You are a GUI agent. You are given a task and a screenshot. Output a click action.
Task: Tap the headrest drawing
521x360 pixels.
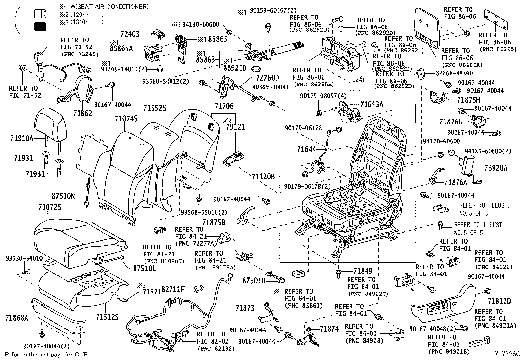tap(49, 122)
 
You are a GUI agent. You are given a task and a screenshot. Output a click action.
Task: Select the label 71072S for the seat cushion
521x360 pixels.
tap(49, 207)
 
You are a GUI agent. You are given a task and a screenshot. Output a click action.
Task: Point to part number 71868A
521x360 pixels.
tap(16, 317)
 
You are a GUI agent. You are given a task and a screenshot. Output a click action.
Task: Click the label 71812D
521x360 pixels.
tap(499, 301)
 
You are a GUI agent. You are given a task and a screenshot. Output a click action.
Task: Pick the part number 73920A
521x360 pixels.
tap(496, 168)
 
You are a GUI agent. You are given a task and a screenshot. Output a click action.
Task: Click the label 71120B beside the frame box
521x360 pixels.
tap(263, 177)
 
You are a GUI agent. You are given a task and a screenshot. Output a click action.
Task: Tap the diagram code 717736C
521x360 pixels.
tap(507, 354)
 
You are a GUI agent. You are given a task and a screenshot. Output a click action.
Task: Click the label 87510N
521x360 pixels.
tap(63, 196)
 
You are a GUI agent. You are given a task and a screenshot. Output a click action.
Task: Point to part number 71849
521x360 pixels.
tap(363, 271)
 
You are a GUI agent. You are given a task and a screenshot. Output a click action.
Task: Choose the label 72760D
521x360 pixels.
tap(265, 78)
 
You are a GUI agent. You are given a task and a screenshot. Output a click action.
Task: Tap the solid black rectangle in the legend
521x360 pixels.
tap(40, 27)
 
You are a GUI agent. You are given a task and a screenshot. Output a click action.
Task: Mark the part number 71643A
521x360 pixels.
tap(371, 105)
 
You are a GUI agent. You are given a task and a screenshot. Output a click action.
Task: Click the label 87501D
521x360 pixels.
tap(254, 281)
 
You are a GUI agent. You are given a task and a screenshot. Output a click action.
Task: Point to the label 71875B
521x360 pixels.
tap(214, 223)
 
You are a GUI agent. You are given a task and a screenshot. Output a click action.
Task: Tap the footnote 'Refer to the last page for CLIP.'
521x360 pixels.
tap(47, 354)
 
